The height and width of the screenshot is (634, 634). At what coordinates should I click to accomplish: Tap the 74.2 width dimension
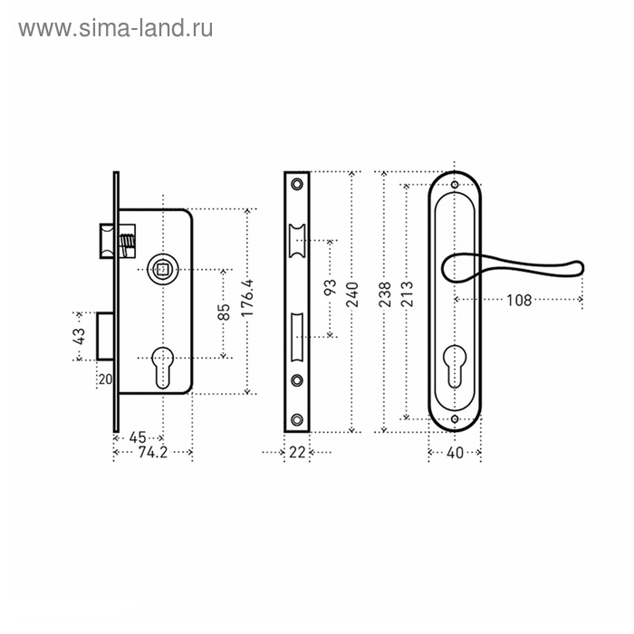point(155,455)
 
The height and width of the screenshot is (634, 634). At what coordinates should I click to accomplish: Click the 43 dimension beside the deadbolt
point(80,336)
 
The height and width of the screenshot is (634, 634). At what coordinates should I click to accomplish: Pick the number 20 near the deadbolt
point(104,379)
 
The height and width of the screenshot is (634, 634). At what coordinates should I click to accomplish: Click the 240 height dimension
point(352,294)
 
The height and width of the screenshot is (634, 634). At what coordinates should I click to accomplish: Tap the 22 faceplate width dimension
point(297,454)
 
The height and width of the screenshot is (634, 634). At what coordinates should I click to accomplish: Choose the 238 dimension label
point(386,295)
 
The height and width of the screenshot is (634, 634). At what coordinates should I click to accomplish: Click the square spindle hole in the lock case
point(163,269)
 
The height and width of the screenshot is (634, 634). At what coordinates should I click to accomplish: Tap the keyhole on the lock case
point(164,362)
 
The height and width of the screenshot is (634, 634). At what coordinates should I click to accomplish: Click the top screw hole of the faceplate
point(298,183)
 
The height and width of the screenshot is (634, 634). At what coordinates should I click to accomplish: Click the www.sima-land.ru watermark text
point(116,28)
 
